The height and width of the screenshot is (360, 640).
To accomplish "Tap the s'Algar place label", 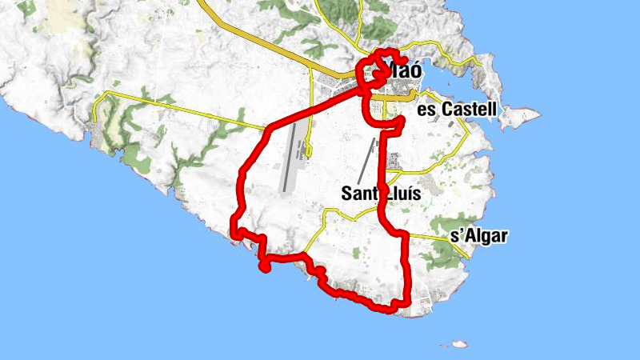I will click(480, 236).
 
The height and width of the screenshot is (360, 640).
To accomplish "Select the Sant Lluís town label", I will click(382, 193).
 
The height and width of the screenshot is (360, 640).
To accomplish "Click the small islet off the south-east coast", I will click(458, 345).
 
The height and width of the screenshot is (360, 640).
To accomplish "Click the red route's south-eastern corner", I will click(407, 302).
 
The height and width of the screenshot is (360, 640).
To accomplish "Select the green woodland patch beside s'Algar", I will click(440, 252).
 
